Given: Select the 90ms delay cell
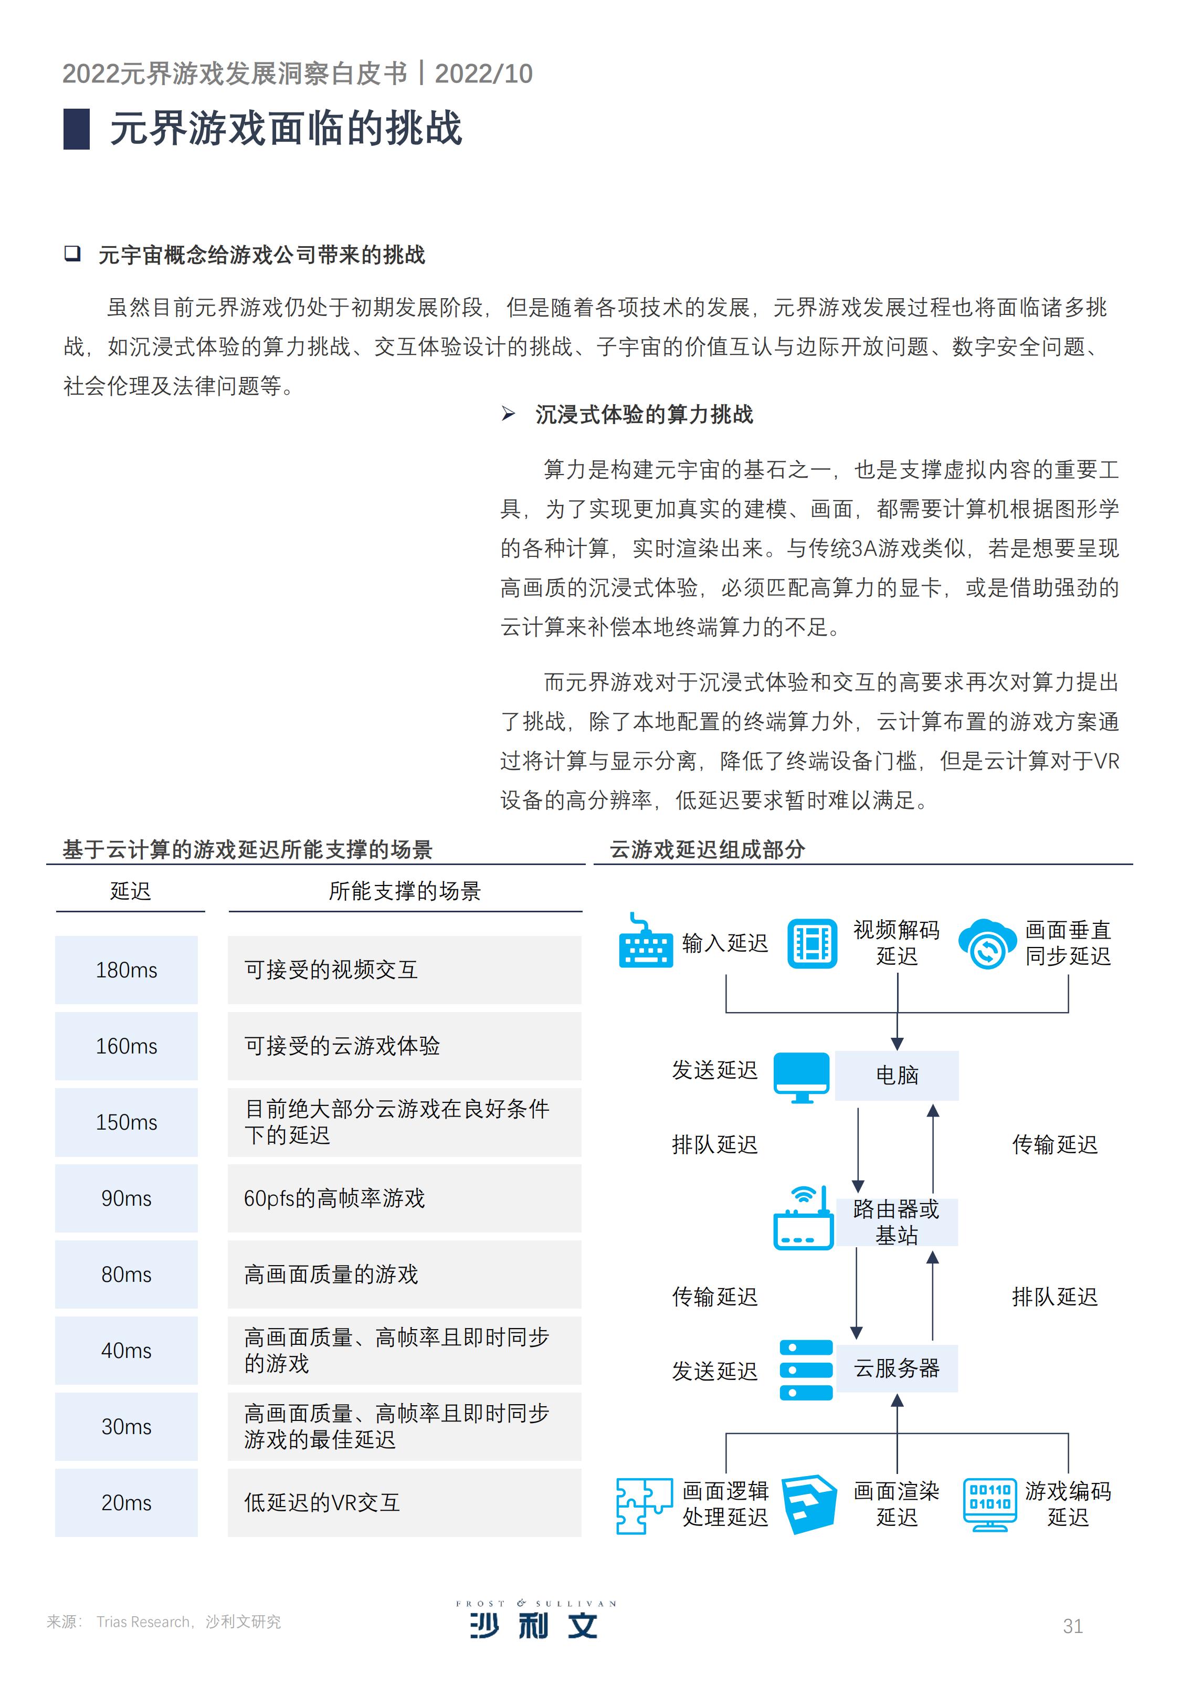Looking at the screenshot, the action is point(126,1198).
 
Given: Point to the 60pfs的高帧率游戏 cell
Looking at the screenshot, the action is point(404,1198).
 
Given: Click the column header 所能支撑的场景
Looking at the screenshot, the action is point(405,891).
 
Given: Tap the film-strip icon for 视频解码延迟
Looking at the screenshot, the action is point(812,943).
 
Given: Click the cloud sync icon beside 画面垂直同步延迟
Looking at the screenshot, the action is point(986,944).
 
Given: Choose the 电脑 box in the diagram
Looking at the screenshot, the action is point(897,1075).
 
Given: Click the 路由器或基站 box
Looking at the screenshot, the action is point(897,1222).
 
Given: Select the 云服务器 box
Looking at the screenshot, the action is point(897,1368).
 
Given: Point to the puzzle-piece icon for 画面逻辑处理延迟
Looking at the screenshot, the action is point(645,1505).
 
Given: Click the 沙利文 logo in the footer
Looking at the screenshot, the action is point(535,1619).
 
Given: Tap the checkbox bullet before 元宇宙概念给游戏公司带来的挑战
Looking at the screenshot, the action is point(72,254).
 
